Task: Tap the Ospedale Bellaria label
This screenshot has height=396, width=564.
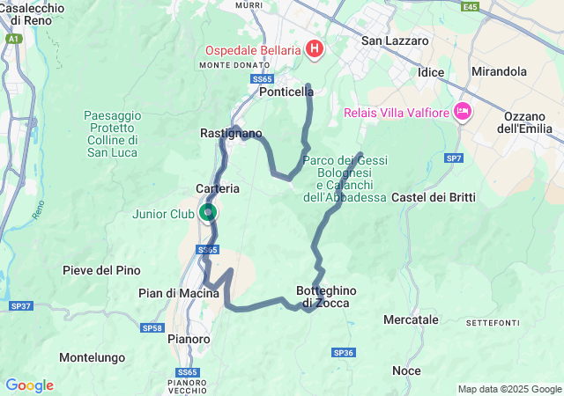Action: click(254, 49)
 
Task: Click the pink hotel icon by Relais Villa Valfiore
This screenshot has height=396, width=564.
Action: click(462, 111)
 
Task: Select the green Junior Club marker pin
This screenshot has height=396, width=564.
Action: click(208, 212)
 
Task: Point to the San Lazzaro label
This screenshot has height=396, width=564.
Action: click(395, 40)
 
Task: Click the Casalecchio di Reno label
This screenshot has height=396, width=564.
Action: click(32, 13)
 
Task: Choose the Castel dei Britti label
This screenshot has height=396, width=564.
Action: click(433, 196)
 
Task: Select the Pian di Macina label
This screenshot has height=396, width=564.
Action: click(179, 293)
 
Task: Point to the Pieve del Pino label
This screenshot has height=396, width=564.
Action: click(98, 270)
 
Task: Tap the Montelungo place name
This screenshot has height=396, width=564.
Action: click(92, 357)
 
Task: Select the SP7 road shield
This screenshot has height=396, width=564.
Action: click(453, 158)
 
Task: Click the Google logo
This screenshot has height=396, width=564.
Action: click(29, 385)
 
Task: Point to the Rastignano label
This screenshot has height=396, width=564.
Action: click(231, 133)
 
